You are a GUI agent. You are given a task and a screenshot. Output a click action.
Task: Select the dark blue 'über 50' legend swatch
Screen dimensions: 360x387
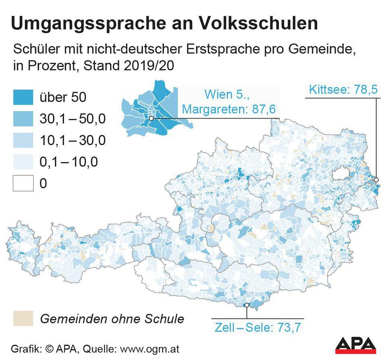(23, 97)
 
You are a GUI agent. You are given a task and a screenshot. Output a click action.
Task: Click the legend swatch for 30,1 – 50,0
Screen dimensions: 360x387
(23, 119)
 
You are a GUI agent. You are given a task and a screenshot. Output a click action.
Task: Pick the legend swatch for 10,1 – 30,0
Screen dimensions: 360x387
(23, 141)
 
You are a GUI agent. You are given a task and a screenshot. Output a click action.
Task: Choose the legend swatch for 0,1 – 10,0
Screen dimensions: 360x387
(23, 162)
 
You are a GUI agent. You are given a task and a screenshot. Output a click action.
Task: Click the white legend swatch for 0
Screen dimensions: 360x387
(23, 184)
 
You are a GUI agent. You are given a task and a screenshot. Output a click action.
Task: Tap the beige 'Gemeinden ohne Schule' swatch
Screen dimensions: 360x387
(23, 318)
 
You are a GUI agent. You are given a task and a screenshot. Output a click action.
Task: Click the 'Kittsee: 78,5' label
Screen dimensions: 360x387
(343, 89)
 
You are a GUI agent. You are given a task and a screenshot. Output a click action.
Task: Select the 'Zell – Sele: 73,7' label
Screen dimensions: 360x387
(257, 327)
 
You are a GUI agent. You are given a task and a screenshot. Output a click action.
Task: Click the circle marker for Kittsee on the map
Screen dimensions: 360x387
(376, 179)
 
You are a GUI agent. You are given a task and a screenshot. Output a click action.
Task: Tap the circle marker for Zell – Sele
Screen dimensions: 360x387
(246, 305)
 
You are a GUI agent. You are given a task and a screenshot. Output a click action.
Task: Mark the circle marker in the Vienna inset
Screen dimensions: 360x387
(151, 119)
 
